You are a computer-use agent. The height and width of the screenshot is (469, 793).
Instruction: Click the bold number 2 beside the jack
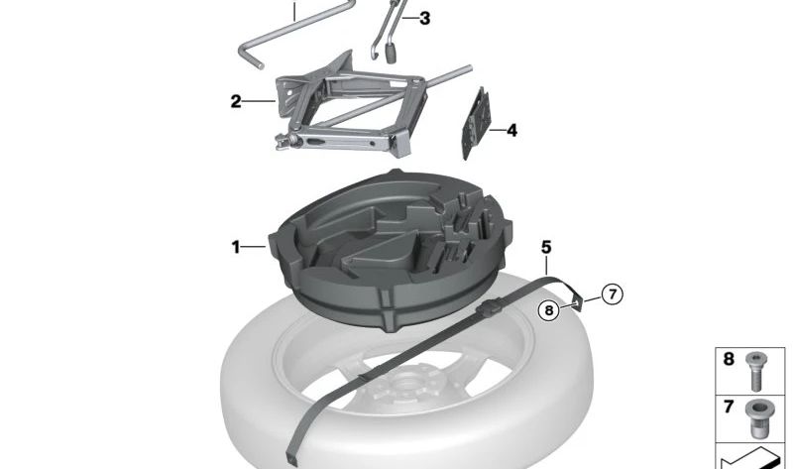pos(236,101)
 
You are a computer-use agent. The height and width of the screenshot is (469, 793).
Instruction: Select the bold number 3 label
pos(425,18)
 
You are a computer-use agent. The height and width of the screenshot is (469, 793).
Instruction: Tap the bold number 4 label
pos(511,131)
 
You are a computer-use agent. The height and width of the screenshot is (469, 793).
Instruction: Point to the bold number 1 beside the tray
pos(236,247)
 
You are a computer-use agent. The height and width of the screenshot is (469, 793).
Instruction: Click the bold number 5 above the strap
pos(546,247)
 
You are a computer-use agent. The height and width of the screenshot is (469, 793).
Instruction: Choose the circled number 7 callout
pos(613,293)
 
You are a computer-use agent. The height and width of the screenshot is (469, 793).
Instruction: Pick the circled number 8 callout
pos(549,309)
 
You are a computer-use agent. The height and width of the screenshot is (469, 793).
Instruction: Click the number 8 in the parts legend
pos(729,359)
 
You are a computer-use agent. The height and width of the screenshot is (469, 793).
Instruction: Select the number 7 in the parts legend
pos(729,407)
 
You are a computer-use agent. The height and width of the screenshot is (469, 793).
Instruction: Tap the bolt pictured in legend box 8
pos(756,372)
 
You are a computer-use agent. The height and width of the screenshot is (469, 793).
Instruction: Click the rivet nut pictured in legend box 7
pos(757,418)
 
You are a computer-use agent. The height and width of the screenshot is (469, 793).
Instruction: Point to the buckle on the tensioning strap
pos(490,308)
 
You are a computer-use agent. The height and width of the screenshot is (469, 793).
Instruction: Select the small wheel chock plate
pos(477,124)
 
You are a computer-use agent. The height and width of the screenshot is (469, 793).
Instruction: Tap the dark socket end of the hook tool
pos(391,54)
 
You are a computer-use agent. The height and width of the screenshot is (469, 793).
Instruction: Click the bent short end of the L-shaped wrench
pos(249,58)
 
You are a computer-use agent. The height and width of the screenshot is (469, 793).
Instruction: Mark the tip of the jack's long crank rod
pos(469,67)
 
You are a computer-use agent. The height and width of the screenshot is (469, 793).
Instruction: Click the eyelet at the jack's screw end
pos(281,142)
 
